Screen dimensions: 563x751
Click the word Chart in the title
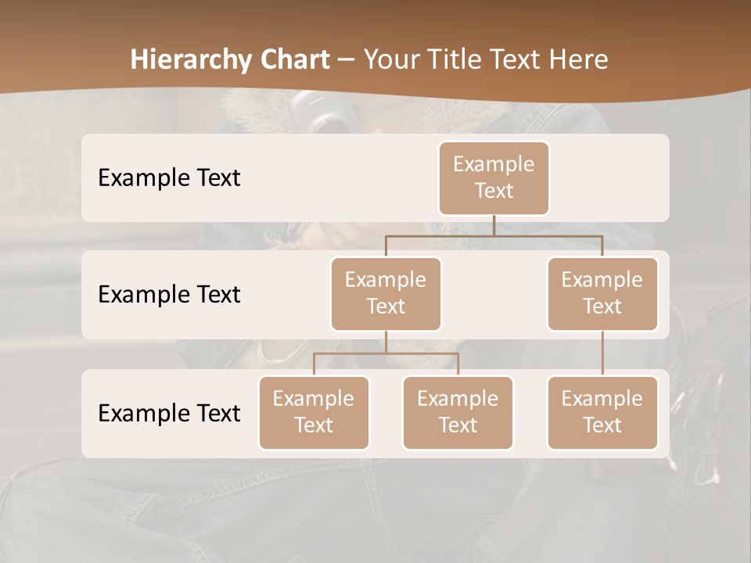pyautogui.click(x=292, y=59)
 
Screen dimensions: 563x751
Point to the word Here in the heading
pyautogui.click(x=580, y=59)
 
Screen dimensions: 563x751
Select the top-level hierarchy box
pyautogui.click(x=494, y=178)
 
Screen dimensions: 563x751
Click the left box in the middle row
pyautogui.click(x=386, y=293)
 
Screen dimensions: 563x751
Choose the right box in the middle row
pyautogui.click(x=602, y=293)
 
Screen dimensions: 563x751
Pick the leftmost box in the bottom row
pyautogui.click(x=314, y=412)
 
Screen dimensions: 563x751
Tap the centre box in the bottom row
pyautogui.click(x=458, y=412)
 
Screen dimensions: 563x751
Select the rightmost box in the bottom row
pyautogui.click(x=602, y=412)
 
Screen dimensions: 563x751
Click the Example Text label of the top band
pyautogui.click(x=169, y=178)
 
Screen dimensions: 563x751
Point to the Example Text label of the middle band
pyautogui.click(x=169, y=294)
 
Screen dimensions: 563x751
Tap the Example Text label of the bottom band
pyautogui.click(x=169, y=413)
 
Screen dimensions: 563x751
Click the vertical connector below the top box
pyautogui.click(x=494, y=225)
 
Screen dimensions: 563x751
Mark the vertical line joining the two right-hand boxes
pyautogui.click(x=602, y=353)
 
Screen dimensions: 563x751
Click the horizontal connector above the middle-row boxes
pyautogui.click(x=494, y=235)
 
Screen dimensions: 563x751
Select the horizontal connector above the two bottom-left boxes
pyautogui.click(x=386, y=353)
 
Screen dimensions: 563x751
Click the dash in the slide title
pyautogui.click(x=347, y=59)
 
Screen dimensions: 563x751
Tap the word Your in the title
pyautogui.click(x=389, y=59)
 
